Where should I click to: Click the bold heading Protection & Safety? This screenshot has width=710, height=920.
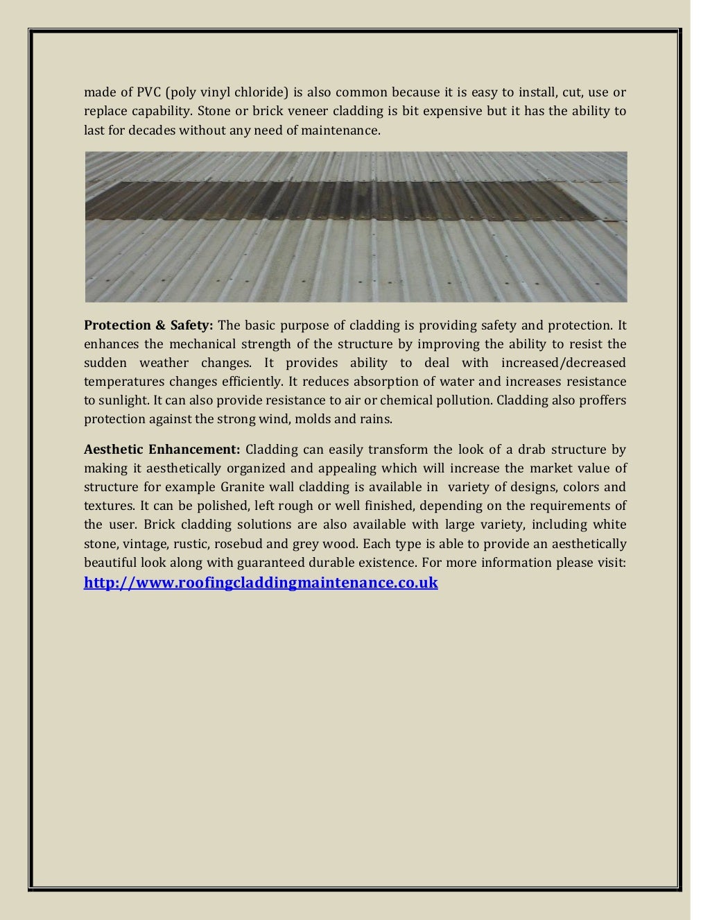[x=148, y=325]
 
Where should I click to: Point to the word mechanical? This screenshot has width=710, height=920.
[x=204, y=344]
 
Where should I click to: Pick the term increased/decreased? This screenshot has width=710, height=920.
[x=562, y=363]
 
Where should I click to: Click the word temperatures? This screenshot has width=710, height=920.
[x=124, y=382]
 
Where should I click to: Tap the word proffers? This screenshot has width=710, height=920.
[x=601, y=400]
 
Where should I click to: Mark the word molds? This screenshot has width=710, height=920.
[x=327, y=419]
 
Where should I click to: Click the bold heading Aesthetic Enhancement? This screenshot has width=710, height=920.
[x=162, y=449]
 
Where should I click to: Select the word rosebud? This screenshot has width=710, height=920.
[x=257, y=543]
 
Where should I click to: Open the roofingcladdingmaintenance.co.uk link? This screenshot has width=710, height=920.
[x=261, y=583]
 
